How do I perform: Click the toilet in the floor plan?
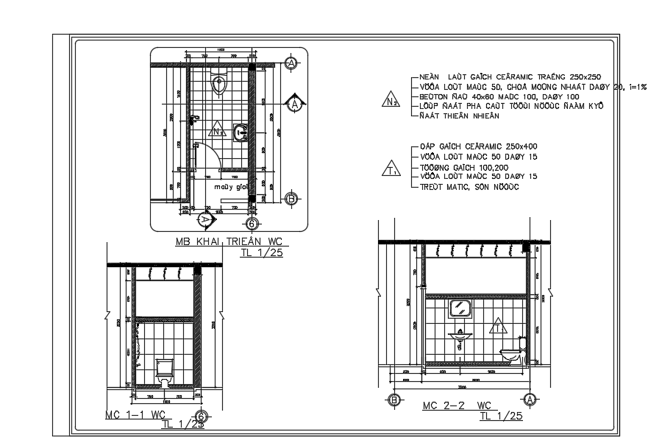pos(217,85)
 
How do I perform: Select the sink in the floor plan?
pos(240,132)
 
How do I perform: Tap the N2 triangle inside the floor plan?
pos(216,132)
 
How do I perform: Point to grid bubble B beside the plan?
pos(291,199)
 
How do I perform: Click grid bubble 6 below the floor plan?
pos(251,224)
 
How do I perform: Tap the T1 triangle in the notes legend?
pos(391,171)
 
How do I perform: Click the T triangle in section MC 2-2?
pos(498,325)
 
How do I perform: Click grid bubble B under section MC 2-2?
pos(394,400)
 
